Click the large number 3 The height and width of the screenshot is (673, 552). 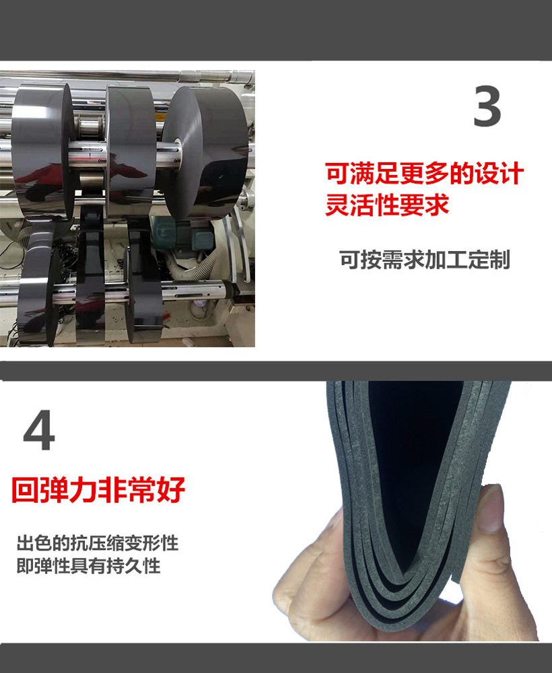coord(487,106)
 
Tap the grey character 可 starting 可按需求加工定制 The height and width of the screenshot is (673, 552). coord(348,260)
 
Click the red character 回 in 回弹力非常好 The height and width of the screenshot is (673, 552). coord(24,491)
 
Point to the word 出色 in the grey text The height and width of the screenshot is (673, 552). coord(34,543)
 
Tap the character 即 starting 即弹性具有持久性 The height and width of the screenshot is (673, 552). coord(25,565)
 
